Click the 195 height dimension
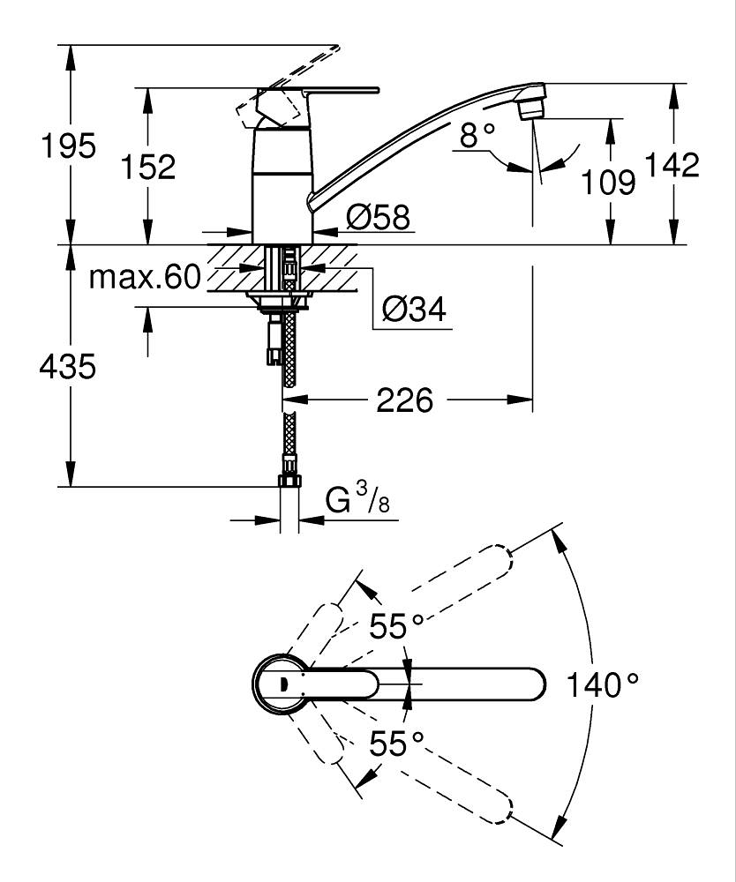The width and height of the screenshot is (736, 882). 69,146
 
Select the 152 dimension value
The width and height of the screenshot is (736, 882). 148,167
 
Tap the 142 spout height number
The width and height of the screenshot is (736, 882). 672,165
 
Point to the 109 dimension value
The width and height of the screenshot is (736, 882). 608,183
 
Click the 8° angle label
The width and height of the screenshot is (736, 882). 477,135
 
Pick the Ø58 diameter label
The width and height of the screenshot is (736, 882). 378,217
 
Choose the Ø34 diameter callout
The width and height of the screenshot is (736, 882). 414,309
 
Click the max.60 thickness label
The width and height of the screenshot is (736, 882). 146,277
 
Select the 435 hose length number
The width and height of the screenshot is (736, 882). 68,367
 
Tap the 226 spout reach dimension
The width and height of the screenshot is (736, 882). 404,400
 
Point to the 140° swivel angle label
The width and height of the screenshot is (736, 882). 602,684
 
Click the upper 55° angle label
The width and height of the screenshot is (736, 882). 396,625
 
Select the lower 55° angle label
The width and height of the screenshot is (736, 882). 396,744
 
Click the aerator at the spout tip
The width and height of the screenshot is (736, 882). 532,108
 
